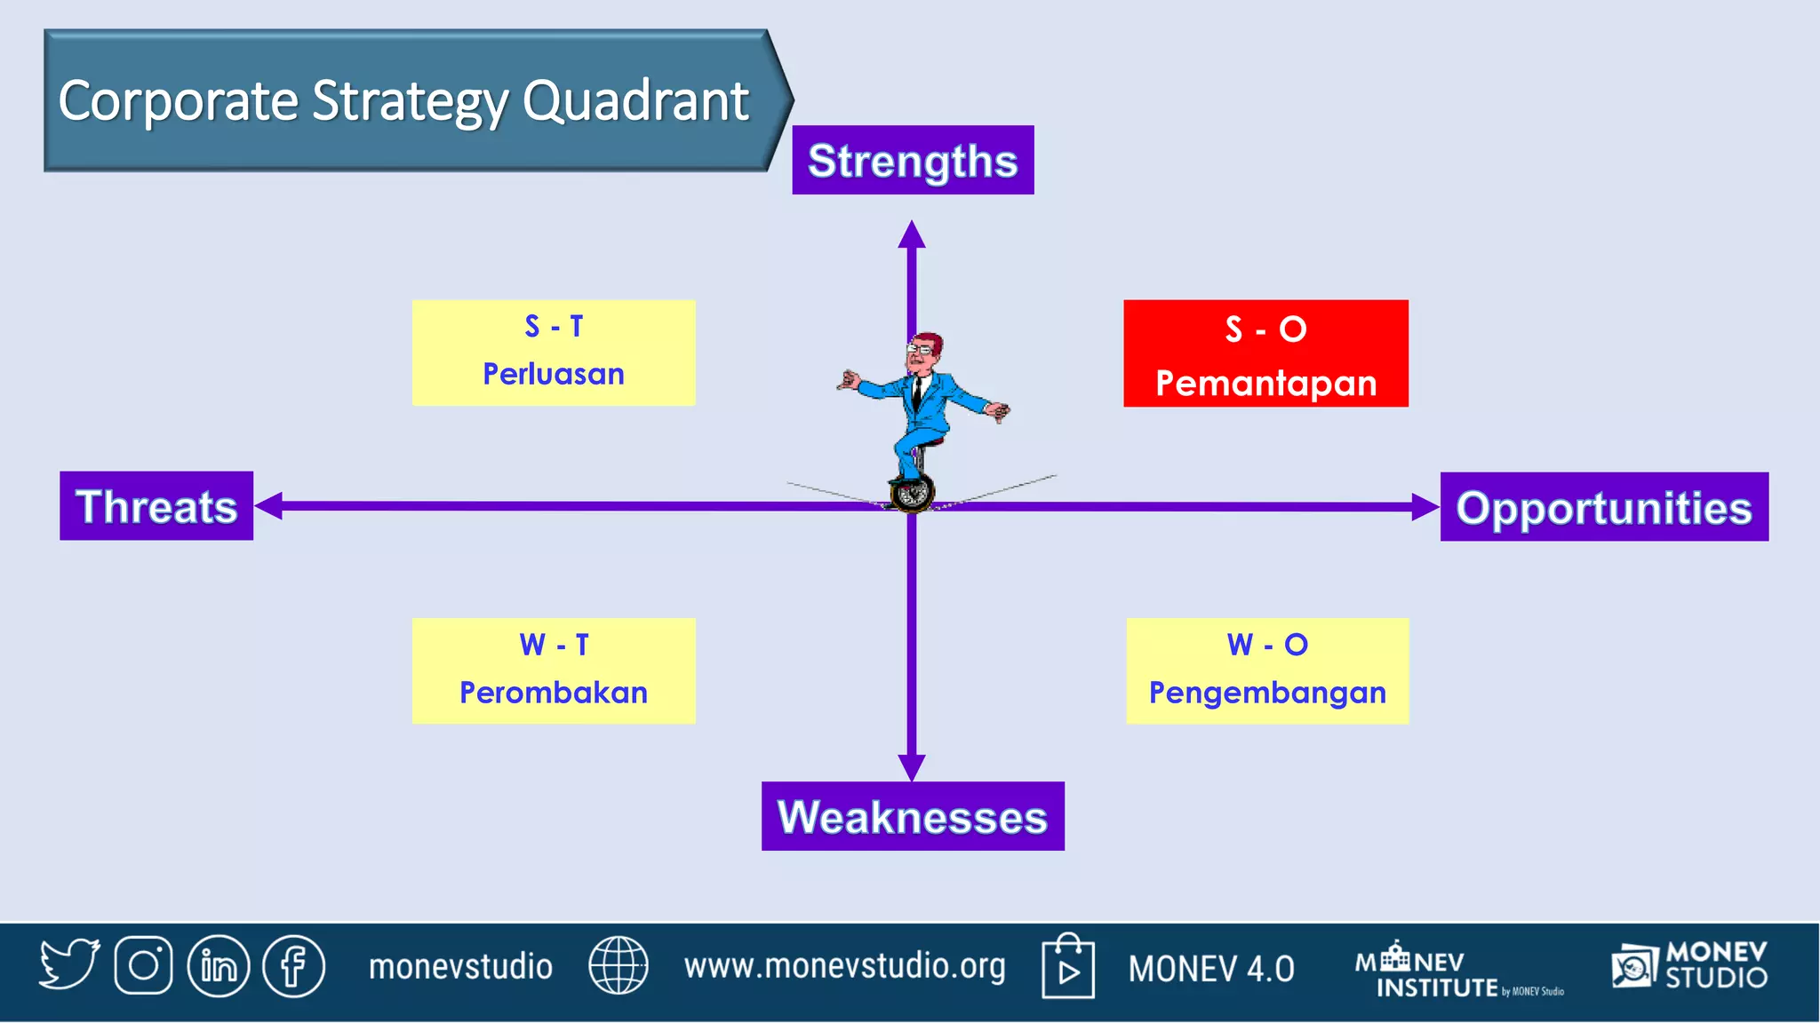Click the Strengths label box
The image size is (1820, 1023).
(x=913, y=160)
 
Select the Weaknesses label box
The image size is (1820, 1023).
(x=913, y=816)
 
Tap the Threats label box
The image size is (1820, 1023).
(x=156, y=506)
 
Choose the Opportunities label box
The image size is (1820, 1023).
(x=1604, y=507)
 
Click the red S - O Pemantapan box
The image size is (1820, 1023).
(x=1265, y=353)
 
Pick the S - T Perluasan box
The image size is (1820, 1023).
(x=554, y=353)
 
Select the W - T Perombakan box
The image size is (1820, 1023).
(x=554, y=670)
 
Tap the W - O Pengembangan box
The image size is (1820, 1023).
(x=1267, y=671)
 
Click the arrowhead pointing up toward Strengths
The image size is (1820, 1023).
(x=912, y=234)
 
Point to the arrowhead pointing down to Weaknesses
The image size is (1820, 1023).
(x=912, y=768)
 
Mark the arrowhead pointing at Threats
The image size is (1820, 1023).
(x=268, y=506)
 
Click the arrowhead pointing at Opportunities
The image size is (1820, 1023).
(x=1425, y=507)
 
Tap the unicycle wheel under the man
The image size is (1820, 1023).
(x=912, y=493)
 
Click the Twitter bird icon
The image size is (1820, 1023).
(x=69, y=964)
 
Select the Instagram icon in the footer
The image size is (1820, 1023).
(x=143, y=965)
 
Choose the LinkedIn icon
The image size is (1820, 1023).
(x=219, y=966)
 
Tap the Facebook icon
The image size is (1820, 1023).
(x=294, y=966)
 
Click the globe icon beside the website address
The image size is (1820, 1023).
(x=619, y=965)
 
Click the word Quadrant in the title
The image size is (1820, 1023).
(x=636, y=101)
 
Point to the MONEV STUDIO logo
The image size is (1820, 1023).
(x=1689, y=965)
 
